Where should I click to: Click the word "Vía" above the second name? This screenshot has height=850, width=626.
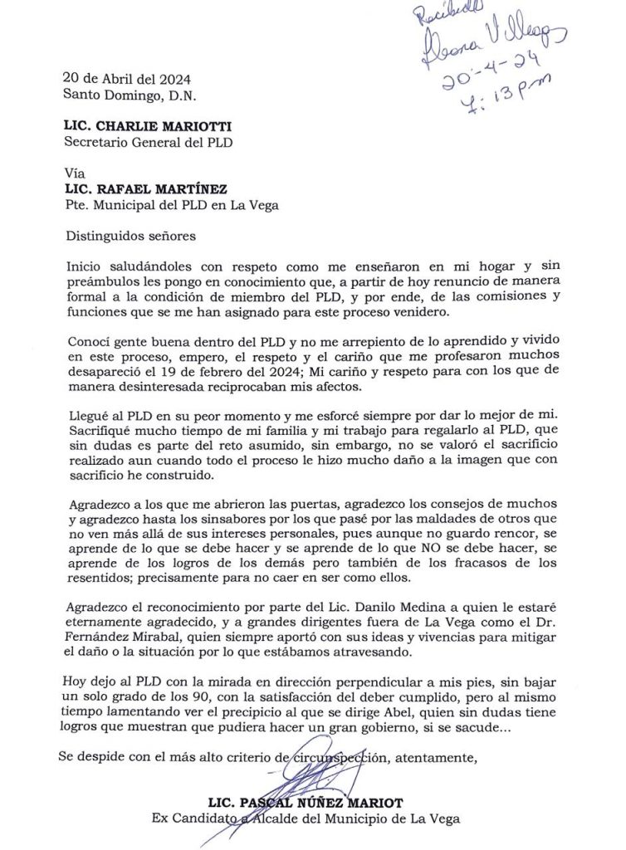tap(74, 173)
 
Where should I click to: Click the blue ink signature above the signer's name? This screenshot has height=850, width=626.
tap(311, 780)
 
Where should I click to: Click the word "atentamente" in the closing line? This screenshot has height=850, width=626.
tap(438, 757)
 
